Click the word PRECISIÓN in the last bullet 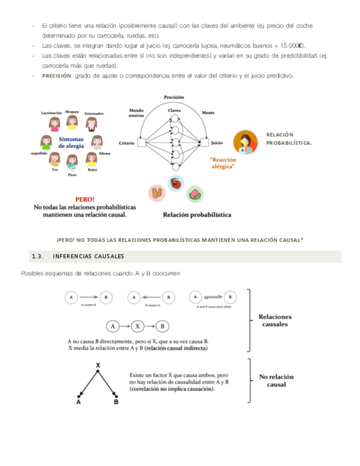[57, 75]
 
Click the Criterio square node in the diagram [141, 143]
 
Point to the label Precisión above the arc [174, 97]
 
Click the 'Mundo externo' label [136, 113]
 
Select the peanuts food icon [157, 193]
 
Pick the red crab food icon [176, 183]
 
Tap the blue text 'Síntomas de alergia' [71, 142]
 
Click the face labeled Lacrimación [54, 123]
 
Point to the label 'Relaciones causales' [276, 320]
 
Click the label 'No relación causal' [276, 381]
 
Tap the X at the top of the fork [98, 365]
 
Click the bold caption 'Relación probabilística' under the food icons [197, 215]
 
